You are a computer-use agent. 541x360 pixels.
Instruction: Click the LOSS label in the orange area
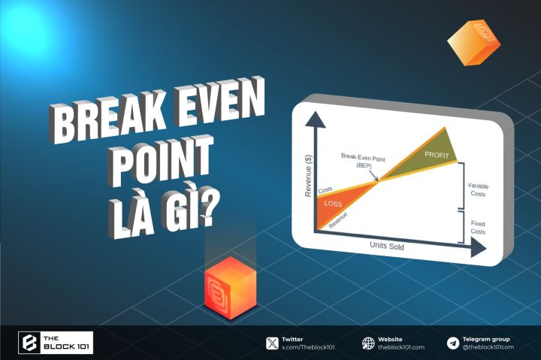point(332,203)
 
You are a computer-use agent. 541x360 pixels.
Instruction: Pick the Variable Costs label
point(476,189)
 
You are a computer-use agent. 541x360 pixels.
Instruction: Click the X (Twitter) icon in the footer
point(271,343)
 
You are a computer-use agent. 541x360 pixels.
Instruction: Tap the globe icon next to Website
point(368,343)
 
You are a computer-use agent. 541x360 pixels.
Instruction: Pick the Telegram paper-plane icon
point(452,343)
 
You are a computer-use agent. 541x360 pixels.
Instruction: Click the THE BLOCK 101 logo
point(56,343)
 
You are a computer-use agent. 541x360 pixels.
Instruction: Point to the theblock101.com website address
point(401,347)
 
